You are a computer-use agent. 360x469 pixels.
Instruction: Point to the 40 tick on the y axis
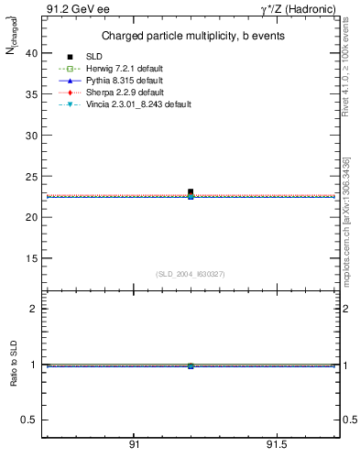32,53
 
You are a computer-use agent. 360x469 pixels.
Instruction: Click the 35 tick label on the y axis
32,94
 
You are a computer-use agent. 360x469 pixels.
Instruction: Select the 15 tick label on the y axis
32,258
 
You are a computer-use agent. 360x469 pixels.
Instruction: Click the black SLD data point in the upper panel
191,191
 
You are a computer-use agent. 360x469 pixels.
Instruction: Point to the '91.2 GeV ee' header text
72,8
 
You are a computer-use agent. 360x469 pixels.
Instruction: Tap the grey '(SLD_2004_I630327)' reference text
190,274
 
